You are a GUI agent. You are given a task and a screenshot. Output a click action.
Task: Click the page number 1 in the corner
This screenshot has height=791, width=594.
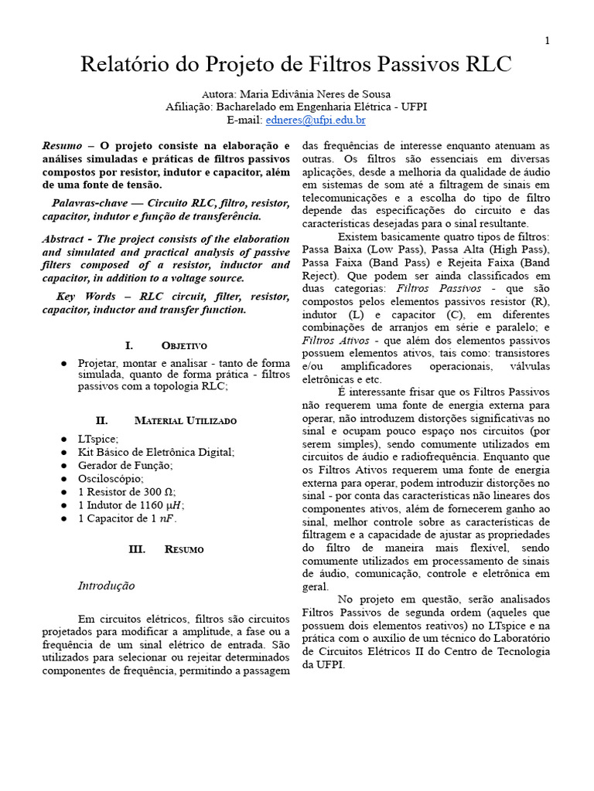click(x=548, y=42)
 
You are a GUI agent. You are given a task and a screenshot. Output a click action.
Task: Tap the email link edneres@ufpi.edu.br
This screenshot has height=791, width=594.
click(x=316, y=121)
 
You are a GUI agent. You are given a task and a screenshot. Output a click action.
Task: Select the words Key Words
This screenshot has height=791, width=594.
click(x=87, y=297)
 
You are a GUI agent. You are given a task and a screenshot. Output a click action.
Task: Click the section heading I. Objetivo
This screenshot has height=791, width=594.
click(x=166, y=345)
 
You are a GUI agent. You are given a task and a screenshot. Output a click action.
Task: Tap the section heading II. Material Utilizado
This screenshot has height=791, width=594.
click(x=166, y=421)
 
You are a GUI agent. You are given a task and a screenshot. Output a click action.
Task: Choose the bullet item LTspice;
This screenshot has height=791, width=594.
click(x=98, y=439)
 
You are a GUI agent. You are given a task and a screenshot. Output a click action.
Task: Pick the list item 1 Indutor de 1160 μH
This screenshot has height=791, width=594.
click(x=131, y=505)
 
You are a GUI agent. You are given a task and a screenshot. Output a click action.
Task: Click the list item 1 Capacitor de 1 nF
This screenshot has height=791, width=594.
click(x=128, y=518)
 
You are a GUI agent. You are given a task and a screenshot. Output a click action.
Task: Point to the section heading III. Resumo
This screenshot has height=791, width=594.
click(x=166, y=549)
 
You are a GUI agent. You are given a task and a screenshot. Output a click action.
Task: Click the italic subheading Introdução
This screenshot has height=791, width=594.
click(x=106, y=586)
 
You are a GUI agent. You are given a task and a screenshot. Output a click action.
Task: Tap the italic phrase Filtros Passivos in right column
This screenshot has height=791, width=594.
click(x=428, y=287)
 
